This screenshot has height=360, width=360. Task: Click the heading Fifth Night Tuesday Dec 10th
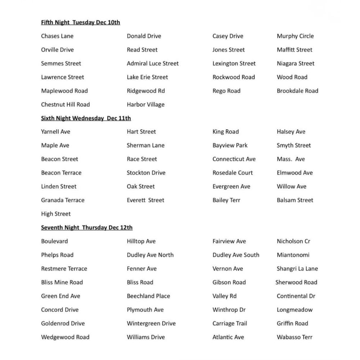pyautogui.click(x=80, y=22)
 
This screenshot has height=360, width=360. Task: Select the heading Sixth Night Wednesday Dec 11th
pyautogui.click(x=86, y=118)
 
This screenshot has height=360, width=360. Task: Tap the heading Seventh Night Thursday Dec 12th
pyautogui.click(x=86, y=228)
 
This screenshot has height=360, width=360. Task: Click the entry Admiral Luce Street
pyautogui.click(x=153, y=63)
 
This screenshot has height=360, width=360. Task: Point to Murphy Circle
pyautogui.click(x=295, y=36)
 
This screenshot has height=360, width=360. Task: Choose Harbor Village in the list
pyautogui.click(x=145, y=104)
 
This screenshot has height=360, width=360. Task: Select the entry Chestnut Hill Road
pyautogui.click(x=65, y=104)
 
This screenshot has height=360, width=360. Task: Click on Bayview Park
pyautogui.click(x=230, y=145)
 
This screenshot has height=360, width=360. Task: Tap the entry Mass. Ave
pyautogui.click(x=291, y=159)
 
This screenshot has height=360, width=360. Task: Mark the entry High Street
pyautogui.click(x=56, y=214)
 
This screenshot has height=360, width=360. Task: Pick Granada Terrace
pyautogui.click(x=63, y=200)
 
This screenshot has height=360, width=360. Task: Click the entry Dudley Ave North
pyautogui.click(x=150, y=255)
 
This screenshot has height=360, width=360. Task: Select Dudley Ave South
pyautogui.click(x=236, y=255)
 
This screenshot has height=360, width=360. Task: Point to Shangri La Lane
pyautogui.click(x=297, y=269)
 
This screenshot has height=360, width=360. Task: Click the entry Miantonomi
pyautogui.click(x=293, y=255)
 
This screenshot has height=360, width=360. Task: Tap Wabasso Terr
pyautogui.click(x=294, y=337)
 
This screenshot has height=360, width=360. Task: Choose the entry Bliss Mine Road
pyautogui.click(x=62, y=282)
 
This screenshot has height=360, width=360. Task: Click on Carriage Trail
pyautogui.click(x=230, y=323)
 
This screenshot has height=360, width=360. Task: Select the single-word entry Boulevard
pyautogui.click(x=54, y=241)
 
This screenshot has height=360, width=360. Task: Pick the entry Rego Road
pyautogui.click(x=226, y=91)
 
